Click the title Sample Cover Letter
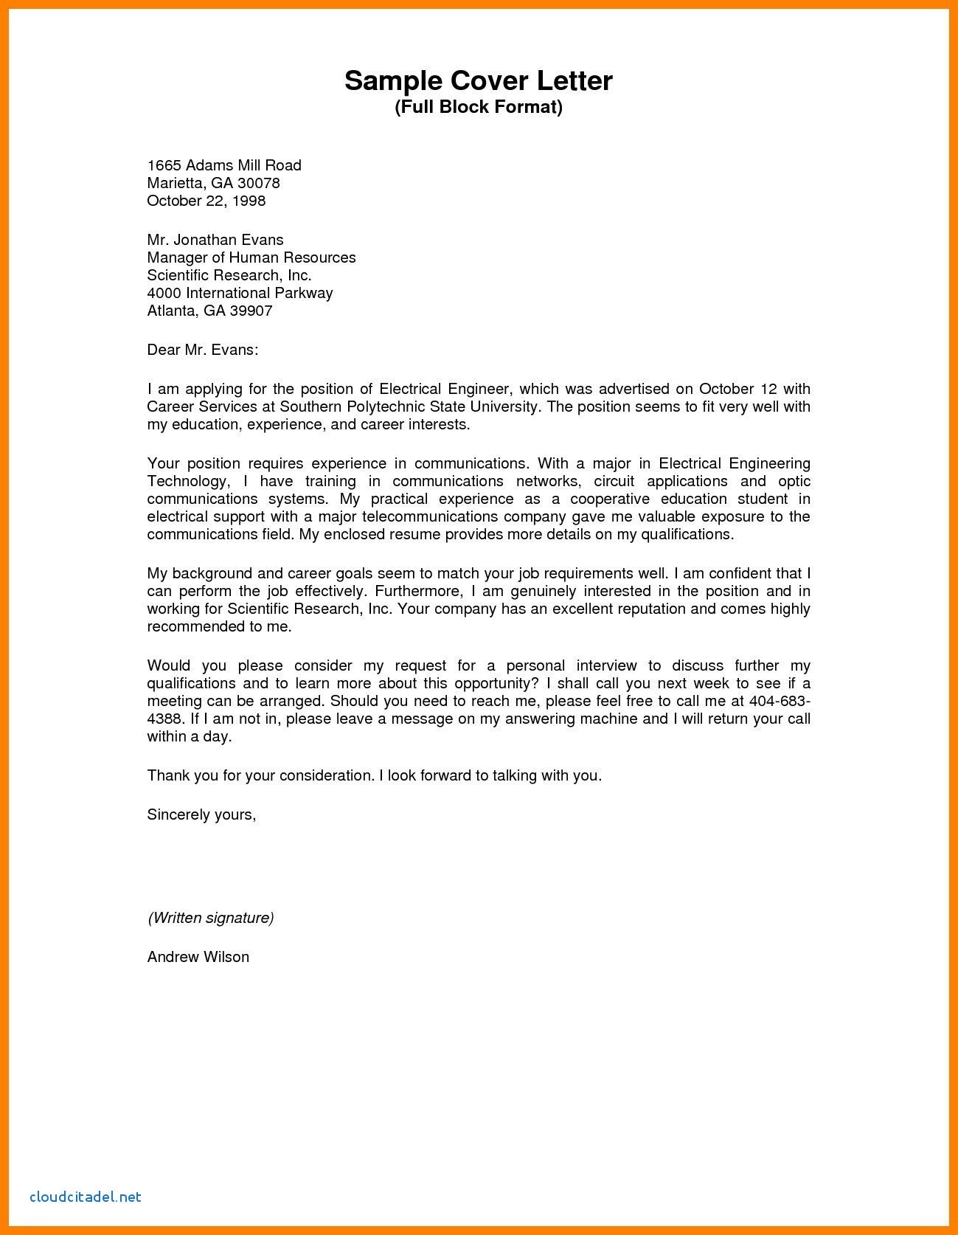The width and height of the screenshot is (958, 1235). (478, 80)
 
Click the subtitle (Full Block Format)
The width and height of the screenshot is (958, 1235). (478, 108)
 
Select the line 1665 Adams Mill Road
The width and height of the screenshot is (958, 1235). (224, 165)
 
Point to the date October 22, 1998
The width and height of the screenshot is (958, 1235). (206, 201)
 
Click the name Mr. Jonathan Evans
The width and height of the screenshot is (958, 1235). (215, 240)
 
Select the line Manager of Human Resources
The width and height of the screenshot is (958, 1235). (251, 257)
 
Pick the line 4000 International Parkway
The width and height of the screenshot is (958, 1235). (240, 293)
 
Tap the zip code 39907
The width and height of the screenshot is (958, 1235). (251, 311)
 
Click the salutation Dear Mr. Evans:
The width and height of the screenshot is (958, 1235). (203, 350)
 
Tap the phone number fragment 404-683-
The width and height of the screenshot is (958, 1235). (780, 701)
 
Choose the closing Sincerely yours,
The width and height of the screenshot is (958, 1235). (201, 814)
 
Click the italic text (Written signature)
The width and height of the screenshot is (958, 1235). (211, 918)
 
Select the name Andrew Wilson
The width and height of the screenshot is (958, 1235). (198, 957)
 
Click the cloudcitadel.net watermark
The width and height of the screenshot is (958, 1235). (86, 1197)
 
